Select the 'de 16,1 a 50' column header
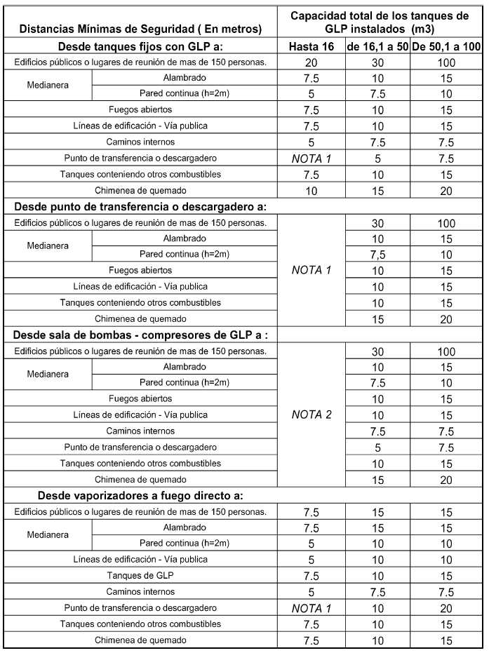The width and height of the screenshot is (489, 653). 378,46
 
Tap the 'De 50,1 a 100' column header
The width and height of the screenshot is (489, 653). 447,46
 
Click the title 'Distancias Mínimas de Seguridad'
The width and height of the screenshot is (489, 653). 140,29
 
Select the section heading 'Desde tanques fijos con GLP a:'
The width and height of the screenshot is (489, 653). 141,46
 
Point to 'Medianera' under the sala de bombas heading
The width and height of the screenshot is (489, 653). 48,374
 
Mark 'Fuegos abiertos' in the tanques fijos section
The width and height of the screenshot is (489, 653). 140,109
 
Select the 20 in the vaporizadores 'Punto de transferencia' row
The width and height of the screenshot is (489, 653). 447,608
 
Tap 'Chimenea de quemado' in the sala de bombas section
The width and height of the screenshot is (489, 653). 140,479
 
